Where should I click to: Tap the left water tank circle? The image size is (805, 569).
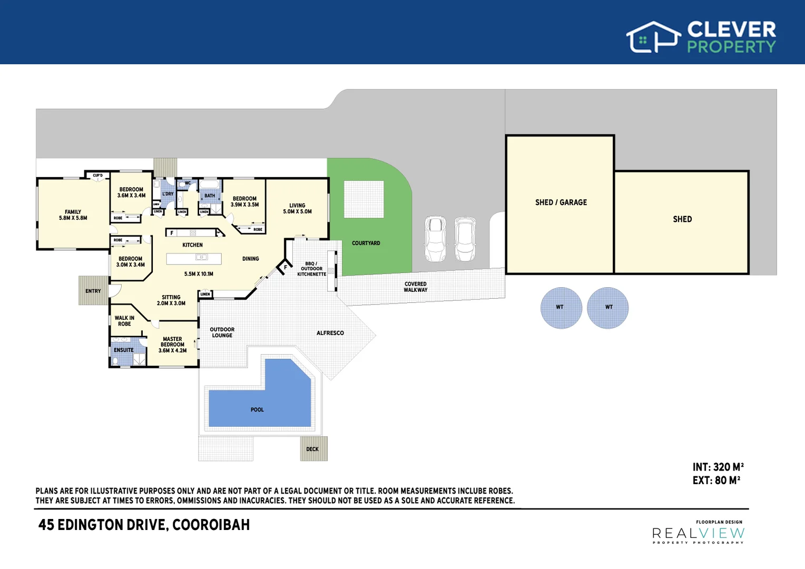coord(561,308)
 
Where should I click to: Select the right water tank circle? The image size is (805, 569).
coord(608,308)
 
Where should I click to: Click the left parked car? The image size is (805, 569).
coord(435,239)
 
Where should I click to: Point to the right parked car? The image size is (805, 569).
coord(465,239)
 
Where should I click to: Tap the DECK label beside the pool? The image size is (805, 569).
coord(312,449)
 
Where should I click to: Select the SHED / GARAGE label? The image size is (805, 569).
coord(561,202)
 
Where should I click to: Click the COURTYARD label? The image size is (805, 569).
coord(366,243)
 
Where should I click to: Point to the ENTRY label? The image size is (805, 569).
coord(93,291)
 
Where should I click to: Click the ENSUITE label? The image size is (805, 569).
coord(124,350)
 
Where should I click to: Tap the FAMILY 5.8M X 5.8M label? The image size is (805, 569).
coord(73,215)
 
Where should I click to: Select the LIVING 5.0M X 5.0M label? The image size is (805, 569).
coord(297,209)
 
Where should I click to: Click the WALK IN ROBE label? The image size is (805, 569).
coord(124,321)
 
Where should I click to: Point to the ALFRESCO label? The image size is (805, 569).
coord(330,333)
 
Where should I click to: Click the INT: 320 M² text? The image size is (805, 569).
coord(718,467)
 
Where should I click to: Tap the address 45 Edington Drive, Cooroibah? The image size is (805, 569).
coord(144,525)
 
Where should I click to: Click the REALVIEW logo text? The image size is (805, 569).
coord(698,534)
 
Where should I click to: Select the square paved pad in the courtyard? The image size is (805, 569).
coord(364,199)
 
